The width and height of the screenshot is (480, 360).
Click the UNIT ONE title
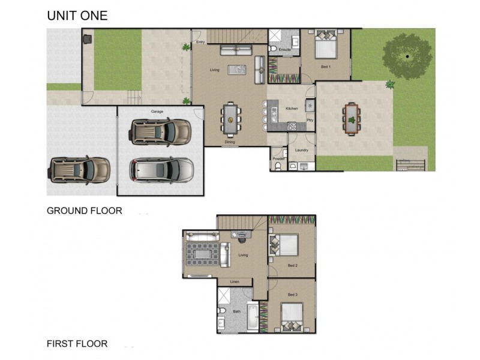pos(77,16)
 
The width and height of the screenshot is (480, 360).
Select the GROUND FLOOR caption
pos(85,211)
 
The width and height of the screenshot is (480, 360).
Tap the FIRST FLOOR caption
pos(77,344)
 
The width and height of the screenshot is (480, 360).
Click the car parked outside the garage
pos(80,169)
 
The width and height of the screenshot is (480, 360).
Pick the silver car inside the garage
pos(161,170)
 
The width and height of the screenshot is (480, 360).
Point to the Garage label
pos(157,112)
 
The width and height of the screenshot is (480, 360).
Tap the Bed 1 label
pos(325,66)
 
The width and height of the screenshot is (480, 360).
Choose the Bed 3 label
pos(292,295)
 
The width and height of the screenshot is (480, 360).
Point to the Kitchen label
pos(292,109)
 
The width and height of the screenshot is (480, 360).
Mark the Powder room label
pos(278,158)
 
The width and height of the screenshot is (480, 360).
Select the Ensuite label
pos(285,49)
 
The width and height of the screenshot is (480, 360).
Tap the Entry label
pos(200,42)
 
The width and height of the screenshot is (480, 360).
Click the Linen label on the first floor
pos(235,281)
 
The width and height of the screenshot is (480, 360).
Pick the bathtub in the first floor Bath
pos(253,317)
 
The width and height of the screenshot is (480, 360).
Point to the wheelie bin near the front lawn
pos(88,40)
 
